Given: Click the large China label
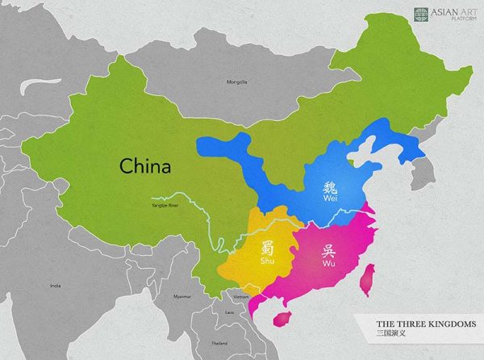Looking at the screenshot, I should (145, 166).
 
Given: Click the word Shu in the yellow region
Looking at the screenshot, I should (267, 262).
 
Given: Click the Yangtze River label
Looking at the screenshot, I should (166, 204).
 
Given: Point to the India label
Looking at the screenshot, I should (55, 286).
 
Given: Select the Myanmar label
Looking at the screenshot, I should (182, 295).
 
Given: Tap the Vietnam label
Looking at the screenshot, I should (241, 297).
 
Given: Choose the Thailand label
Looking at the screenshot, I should (219, 342).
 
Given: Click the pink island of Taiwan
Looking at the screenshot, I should (364, 278).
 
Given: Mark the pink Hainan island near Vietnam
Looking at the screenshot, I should (282, 317).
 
